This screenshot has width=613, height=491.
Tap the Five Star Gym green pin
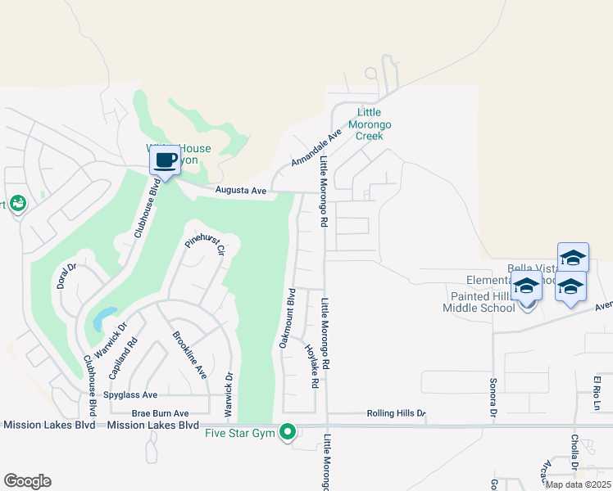tap(287, 431)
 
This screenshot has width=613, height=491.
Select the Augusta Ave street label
tap(241, 191)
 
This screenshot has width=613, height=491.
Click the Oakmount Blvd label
tap(286, 318)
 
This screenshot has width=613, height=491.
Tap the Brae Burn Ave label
tap(161, 413)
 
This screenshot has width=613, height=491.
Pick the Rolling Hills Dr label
tap(397, 413)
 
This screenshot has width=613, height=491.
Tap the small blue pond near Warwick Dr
tap(104, 318)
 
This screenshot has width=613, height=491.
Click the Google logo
tap(27, 481)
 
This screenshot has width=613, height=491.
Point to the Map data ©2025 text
tap(578, 484)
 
